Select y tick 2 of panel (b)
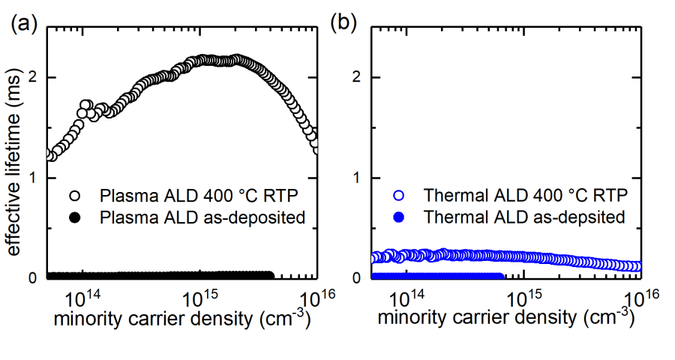pos(363,77)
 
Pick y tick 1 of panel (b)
pos(363,178)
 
